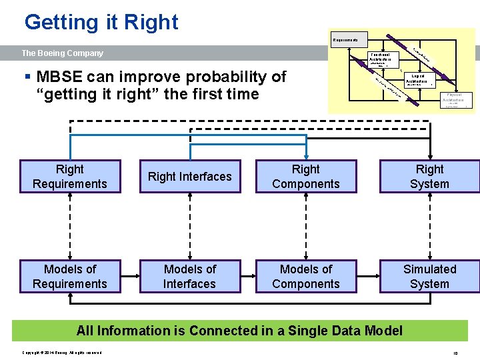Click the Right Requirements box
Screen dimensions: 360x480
tap(70, 177)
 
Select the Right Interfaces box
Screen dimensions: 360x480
tap(190, 177)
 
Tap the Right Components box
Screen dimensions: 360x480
tap(306, 177)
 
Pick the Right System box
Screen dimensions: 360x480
tap(429, 177)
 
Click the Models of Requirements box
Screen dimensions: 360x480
tap(70, 277)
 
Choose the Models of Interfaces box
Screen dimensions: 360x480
tap(190, 277)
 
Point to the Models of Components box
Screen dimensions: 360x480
tap(306, 277)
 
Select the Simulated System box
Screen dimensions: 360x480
tap(429, 277)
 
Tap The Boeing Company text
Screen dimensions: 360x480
tap(63, 53)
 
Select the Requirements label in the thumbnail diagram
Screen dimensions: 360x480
tap(345, 41)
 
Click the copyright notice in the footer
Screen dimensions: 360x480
tap(62, 352)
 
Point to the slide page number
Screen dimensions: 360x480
tap(455, 352)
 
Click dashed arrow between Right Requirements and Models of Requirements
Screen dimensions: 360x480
tap(70, 227)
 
